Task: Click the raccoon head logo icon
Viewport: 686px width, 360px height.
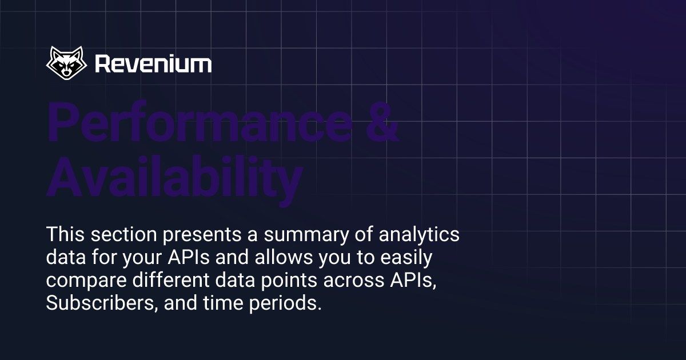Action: tap(67, 63)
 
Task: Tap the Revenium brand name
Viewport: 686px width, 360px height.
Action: tap(153, 64)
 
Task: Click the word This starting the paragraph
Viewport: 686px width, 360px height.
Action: tap(65, 235)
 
